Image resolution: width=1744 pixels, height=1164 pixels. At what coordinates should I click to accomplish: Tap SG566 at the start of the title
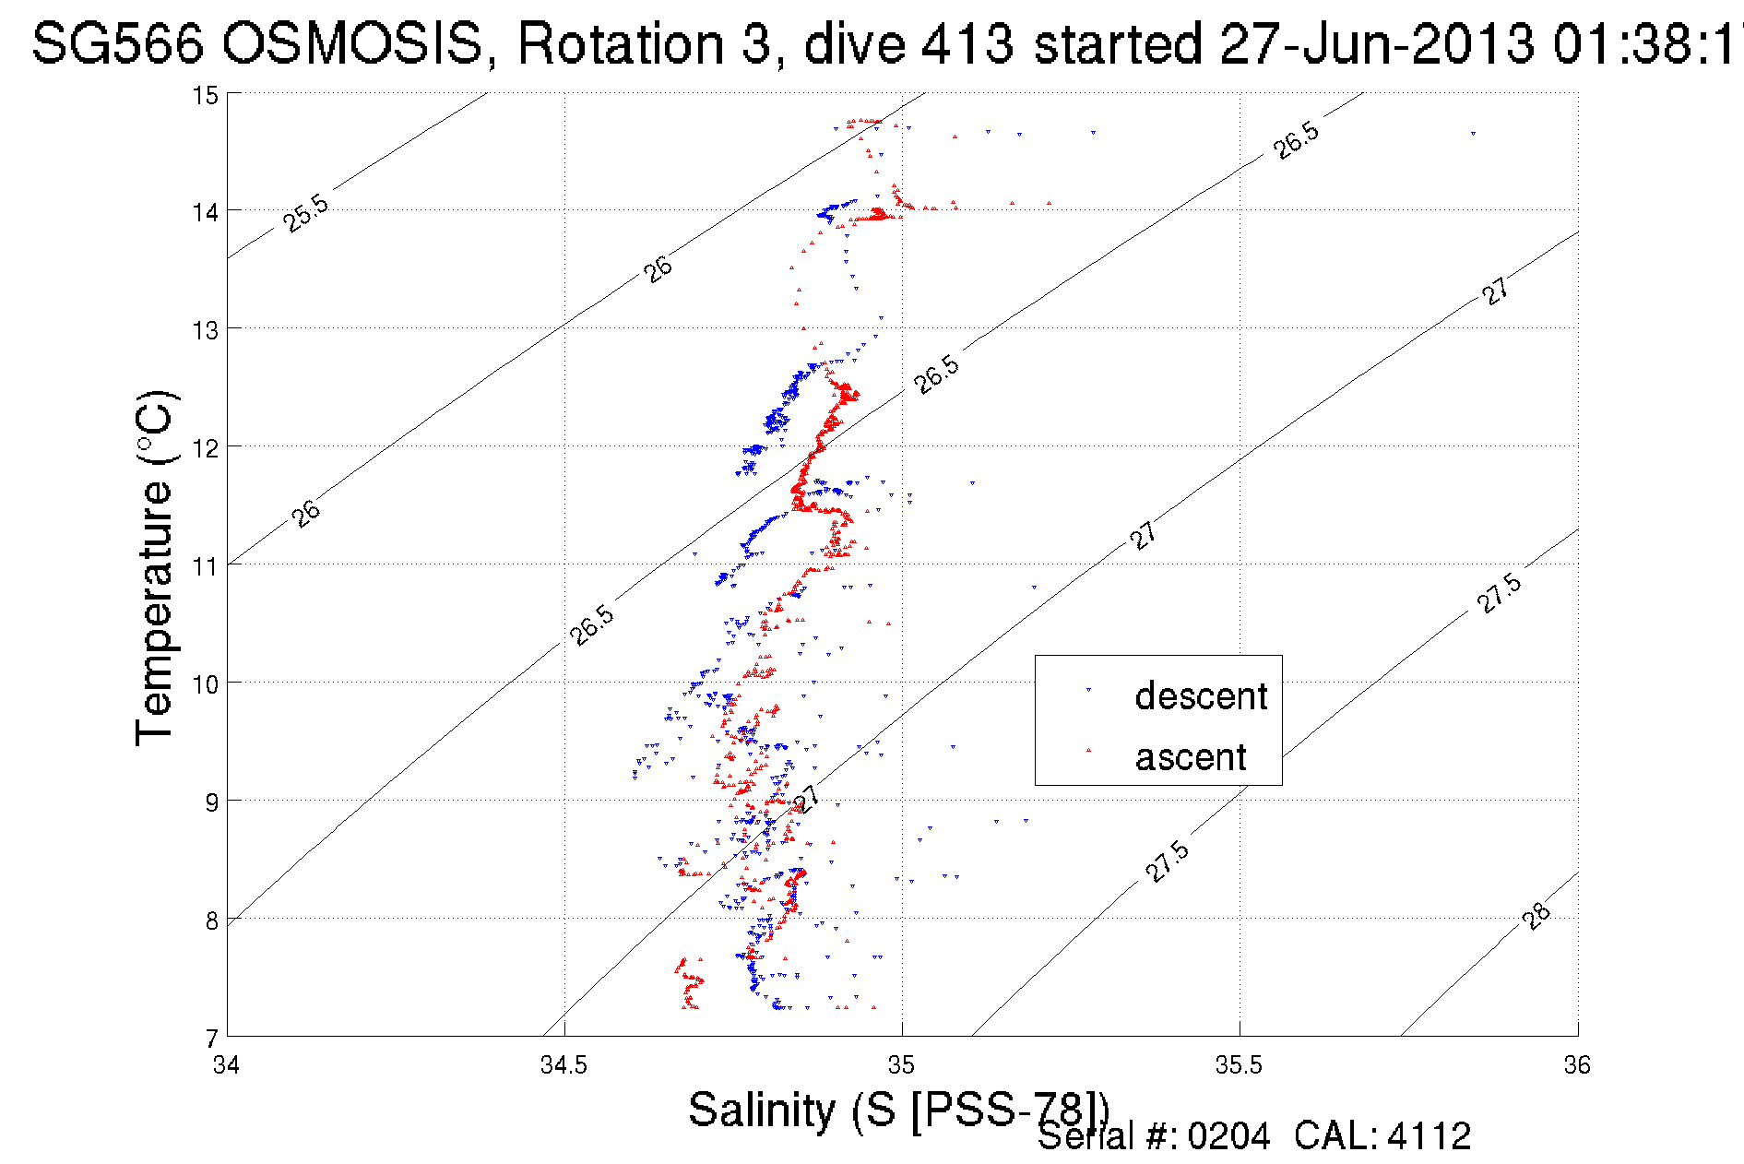(117, 43)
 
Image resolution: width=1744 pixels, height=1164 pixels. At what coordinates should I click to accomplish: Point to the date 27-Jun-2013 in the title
(1377, 43)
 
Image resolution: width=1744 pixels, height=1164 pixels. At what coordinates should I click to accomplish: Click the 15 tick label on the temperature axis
(205, 95)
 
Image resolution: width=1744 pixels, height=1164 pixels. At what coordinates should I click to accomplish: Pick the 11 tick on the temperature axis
(205, 565)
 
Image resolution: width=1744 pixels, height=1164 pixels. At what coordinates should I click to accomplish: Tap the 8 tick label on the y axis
(211, 921)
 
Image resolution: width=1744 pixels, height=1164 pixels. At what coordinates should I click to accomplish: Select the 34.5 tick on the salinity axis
(564, 1065)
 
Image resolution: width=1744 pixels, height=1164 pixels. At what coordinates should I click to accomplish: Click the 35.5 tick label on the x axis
(1239, 1065)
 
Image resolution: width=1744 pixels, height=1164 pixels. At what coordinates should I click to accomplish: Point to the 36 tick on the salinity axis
(1577, 1065)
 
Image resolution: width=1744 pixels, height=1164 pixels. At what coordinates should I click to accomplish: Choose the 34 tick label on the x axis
(227, 1065)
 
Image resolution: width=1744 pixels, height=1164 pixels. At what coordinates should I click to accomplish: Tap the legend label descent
(1201, 695)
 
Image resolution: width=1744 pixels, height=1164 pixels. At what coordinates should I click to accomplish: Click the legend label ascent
(1191, 757)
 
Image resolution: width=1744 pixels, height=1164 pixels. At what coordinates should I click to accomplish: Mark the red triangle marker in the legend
(1089, 750)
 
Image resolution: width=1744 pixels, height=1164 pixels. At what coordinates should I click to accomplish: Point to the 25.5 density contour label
(305, 213)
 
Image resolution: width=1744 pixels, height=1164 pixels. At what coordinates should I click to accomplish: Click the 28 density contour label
(1536, 917)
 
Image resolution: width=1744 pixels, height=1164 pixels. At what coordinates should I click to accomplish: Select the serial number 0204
(1228, 1136)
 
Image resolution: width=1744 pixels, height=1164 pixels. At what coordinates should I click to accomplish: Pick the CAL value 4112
(1429, 1136)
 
